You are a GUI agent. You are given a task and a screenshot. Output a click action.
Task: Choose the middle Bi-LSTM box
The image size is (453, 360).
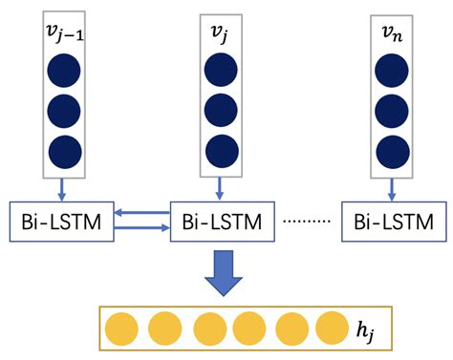223,222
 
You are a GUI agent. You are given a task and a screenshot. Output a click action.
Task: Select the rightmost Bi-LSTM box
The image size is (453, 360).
391,222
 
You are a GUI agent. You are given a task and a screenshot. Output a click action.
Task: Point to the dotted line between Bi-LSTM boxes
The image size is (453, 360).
306,223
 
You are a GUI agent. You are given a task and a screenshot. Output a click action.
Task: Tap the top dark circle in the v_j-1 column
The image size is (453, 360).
64,71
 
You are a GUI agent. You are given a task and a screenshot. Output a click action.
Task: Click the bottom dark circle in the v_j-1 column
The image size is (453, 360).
64,151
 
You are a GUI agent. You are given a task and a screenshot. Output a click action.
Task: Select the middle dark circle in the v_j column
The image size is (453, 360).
221,111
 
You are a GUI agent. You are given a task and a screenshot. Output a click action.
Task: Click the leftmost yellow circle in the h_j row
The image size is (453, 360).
122,327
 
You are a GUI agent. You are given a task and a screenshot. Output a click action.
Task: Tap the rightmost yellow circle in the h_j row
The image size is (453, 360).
332,327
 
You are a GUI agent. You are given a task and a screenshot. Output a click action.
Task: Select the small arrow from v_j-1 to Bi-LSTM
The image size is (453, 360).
64,188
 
